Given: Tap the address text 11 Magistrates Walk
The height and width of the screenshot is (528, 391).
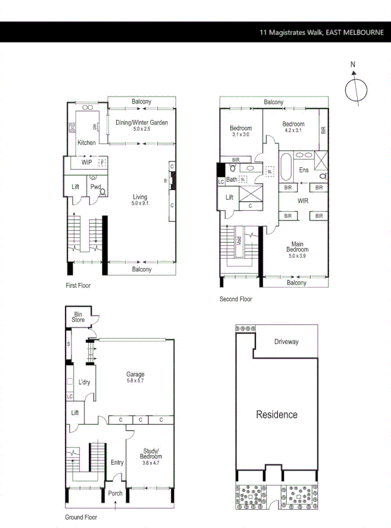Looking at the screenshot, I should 291,32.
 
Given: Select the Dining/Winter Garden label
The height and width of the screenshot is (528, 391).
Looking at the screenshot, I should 142,123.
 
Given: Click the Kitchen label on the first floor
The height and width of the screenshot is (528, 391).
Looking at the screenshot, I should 86,142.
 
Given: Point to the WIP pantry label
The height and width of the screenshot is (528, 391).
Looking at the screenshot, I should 87,162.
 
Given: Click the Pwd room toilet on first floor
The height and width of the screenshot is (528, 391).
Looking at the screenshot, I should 101,192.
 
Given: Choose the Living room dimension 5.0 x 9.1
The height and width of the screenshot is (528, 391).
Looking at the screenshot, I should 140,204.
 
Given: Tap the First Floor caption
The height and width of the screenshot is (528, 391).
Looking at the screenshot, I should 78,285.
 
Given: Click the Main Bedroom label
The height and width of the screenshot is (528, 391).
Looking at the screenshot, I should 297,246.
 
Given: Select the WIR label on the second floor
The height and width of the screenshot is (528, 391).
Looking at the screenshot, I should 303,201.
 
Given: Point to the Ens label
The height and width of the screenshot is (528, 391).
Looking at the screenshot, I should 304,170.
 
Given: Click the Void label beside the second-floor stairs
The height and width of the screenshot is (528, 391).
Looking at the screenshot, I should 239,241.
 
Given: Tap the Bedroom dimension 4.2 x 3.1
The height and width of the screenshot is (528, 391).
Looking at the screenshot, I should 293,131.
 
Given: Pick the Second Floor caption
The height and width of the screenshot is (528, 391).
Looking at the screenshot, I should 236,299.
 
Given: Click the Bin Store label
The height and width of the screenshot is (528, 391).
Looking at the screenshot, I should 79,316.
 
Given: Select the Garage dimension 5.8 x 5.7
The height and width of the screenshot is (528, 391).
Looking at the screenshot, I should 135,380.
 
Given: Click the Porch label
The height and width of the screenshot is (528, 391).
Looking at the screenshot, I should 115,493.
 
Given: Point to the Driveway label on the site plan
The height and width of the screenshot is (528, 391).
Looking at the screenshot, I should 286,342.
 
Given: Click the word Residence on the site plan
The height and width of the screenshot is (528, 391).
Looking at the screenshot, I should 277,414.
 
